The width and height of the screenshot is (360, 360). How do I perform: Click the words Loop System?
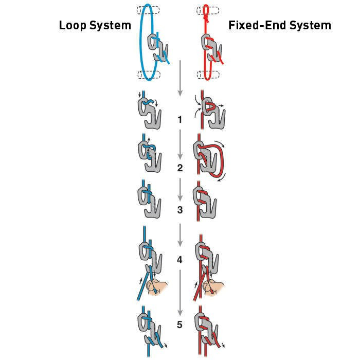[x=95, y=25]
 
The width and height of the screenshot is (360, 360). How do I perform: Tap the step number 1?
[x=179, y=120]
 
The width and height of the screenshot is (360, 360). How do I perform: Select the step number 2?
[x=179, y=168]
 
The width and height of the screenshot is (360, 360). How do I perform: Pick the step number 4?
[x=179, y=260]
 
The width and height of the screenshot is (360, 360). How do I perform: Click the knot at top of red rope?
[x=206, y=15]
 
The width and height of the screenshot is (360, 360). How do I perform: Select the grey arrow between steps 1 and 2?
[x=180, y=145]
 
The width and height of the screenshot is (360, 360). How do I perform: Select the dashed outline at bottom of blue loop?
[x=149, y=75]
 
